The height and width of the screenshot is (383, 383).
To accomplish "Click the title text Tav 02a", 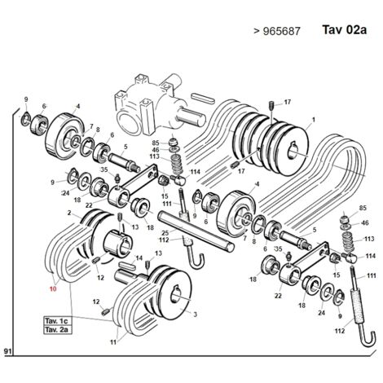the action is [x=344, y=29].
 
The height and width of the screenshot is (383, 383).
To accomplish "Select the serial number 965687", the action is [x=282, y=31].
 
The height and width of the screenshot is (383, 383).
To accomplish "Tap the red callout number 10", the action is [x=53, y=288].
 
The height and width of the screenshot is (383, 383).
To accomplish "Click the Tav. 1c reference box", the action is [x=58, y=321].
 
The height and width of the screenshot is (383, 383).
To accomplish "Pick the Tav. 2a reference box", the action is [x=58, y=330].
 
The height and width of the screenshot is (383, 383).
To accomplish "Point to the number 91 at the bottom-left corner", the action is [x=7, y=351].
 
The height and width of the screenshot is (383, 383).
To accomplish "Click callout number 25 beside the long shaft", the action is [x=165, y=232].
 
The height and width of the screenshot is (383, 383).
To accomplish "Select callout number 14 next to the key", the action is [x=139, y=258].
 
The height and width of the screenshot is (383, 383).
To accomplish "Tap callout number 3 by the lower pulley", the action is [x=195, y=315].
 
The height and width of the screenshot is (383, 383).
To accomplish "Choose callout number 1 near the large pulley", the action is [x=314, y=120].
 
